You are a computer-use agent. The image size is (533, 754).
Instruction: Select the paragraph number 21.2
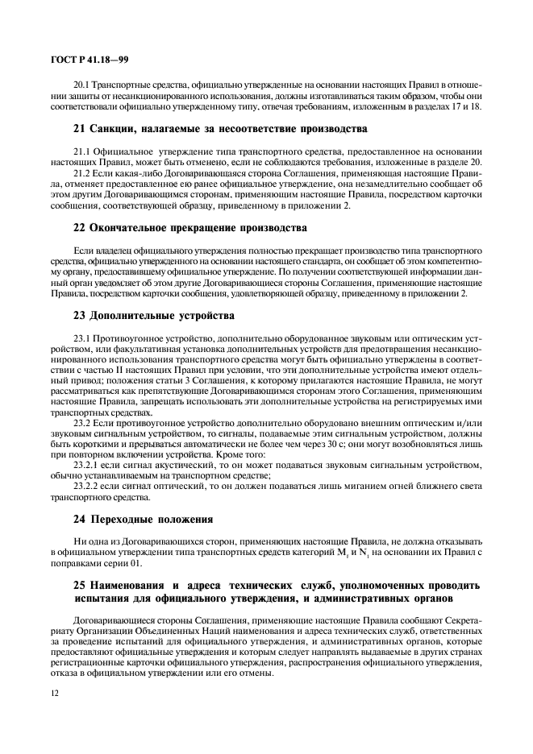click(83, 172)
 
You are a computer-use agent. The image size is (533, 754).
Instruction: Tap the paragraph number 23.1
click(83, 337)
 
